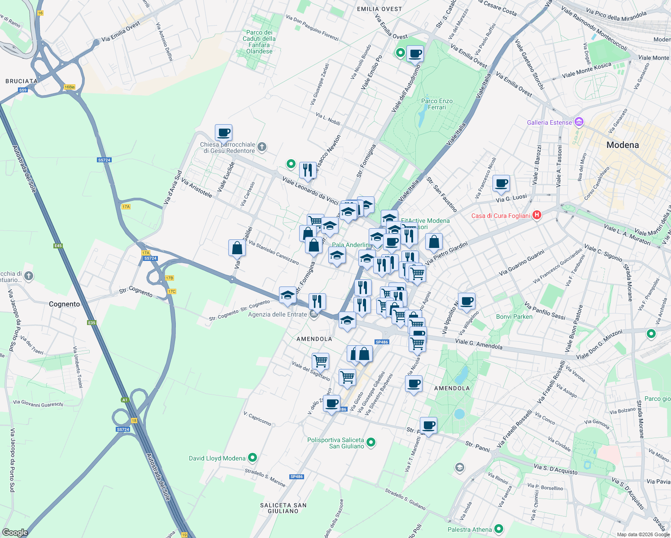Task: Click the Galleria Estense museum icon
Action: point(579,122)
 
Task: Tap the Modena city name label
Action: point(623,145)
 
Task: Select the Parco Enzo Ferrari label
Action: point(437,104)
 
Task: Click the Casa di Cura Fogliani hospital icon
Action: point(536,215)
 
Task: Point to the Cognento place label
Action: point(64,304)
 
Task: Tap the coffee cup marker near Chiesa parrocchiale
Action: point(223,133)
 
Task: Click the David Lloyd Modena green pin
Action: point(253,458)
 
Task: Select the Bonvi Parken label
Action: point(514,317)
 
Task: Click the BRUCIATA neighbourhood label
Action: point(22,81)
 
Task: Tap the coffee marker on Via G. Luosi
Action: point(501,183)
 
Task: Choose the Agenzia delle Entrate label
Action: point(278,314)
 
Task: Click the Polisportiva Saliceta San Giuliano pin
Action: point(371,443)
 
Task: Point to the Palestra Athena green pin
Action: point(498,529)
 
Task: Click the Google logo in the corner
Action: point(15,532)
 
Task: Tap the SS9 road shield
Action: point(23,90)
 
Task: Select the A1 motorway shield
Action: point(125,399)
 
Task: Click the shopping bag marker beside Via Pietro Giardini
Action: point(434,242)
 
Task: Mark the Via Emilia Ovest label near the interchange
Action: point(121,32)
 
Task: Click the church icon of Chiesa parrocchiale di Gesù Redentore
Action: point(262,147)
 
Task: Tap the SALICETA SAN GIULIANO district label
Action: point(283,508)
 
